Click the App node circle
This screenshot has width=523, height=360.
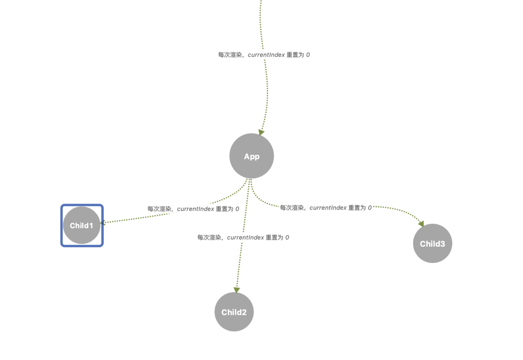[x=251, y=156]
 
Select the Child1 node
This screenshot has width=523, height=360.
[x=81, y=225]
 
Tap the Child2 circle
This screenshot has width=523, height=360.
[x=234, y=312]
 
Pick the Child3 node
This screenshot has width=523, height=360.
[x=432, y=243]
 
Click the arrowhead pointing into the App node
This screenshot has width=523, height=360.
[x=261, y=132]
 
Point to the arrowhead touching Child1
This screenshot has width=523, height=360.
[x=103, y=222]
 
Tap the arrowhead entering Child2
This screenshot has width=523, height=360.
[x=236, y=290]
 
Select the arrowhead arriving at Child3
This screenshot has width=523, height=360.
[x=421, y=224]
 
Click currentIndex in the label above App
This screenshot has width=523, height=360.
[x=266, y=55]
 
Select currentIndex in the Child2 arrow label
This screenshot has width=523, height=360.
[x=246, y=237]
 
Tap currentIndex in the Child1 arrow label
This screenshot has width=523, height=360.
[x=196, y=209]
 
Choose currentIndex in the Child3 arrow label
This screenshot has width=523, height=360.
[x=328, y=207]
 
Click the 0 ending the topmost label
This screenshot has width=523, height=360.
[x=308, y=55]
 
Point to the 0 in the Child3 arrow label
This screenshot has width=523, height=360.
[x=370, y=207]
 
